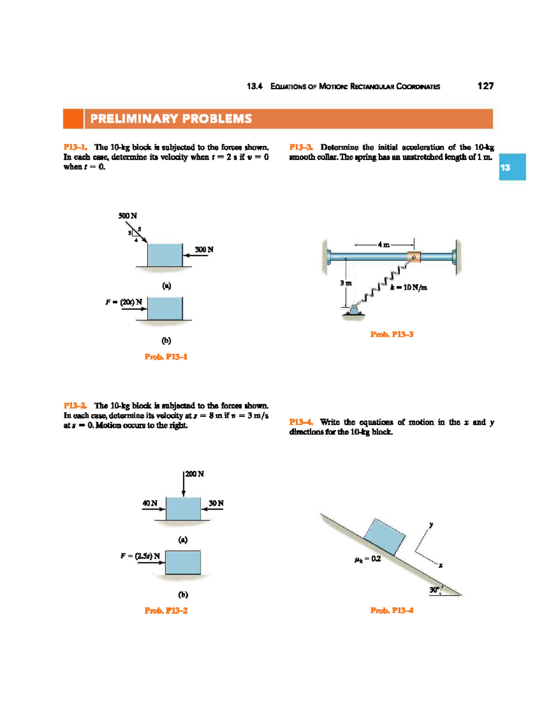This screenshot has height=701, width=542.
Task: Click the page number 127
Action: point(486,86)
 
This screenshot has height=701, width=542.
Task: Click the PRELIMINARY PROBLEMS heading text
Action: point(171,119)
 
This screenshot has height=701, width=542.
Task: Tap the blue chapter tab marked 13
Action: point(512,167)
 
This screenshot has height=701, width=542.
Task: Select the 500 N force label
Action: point(127,216)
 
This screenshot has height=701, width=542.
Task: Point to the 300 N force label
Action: point(204,250)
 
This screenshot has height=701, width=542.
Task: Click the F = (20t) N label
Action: point(124,302)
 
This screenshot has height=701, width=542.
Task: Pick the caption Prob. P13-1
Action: point(166,357)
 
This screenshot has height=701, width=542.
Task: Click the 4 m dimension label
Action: point(383,245)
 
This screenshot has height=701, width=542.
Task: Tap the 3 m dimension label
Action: point(346,283)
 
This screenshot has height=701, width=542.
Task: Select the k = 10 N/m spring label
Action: point(409,287)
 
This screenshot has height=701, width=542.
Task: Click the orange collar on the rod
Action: point(413,257)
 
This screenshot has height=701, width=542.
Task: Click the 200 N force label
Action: point(195,474)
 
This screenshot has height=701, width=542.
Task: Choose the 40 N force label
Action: point(150,503)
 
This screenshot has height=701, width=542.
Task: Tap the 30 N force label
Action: point(216,503)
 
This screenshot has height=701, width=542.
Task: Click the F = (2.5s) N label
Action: point(140,556)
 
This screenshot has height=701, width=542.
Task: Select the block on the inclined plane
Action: point(384,537)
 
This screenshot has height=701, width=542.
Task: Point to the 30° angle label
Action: point(435,590)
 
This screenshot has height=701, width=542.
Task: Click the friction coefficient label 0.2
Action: point(368,559)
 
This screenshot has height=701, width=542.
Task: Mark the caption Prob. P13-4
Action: point(392,610)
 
